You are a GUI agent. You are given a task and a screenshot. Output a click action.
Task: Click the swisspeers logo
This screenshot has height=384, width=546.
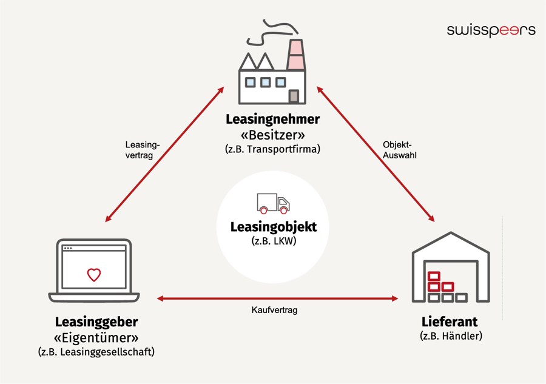pyautogui.click(x=491, y=30)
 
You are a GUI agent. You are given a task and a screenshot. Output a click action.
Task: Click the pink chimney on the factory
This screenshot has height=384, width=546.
pyautogui.click(x=295, y=55)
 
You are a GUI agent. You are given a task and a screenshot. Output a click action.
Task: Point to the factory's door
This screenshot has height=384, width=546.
pyautogui.click(x=294, y=96)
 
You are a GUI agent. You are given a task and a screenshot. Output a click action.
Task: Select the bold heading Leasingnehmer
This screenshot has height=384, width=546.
pyautogui.click(x=272, y=118)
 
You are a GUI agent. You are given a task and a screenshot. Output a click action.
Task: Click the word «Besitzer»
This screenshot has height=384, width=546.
pyautogui.click(x=272, y=133)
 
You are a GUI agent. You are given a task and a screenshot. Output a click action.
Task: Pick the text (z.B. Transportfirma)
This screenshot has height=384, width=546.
pyautogui.click(x=272, y=149)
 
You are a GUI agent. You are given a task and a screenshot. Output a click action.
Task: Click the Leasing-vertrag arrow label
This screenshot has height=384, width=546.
pyautogui.click(x=142, y=150)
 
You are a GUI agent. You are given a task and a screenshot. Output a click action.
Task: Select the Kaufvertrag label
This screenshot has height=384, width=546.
pyautogui.click(x=274, y=310)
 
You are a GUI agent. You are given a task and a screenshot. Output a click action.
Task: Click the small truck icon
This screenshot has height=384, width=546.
pyautogui.click(x=273, y=204)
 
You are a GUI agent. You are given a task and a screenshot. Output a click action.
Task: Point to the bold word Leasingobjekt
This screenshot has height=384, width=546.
pyautogui.click(x=273, y=227)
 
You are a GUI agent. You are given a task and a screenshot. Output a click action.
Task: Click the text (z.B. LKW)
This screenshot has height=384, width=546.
pyautogui.click(x=273, y=241)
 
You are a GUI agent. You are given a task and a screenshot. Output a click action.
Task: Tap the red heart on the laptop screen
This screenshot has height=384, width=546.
pyautogui.click(x=93, y=275)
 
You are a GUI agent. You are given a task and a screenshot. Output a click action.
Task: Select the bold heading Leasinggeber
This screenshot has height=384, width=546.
pyautogui.click(x=96, y=322)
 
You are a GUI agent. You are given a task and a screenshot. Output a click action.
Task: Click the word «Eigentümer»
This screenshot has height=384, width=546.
pyautogui.click(x=96, y=337)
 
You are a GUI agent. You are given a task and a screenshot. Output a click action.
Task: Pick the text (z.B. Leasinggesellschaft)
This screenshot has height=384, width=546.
pyautogui.click(x=96, y=352)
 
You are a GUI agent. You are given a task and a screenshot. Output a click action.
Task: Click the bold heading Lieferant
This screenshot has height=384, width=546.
pyautogui.click(x=450, y=322)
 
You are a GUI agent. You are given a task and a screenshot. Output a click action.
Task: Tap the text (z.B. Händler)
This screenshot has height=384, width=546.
pyautogui.click(x=451, y=336)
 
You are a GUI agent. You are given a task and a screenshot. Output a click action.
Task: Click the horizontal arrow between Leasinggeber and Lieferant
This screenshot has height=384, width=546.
pyautogui.click(x=277, y=298)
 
